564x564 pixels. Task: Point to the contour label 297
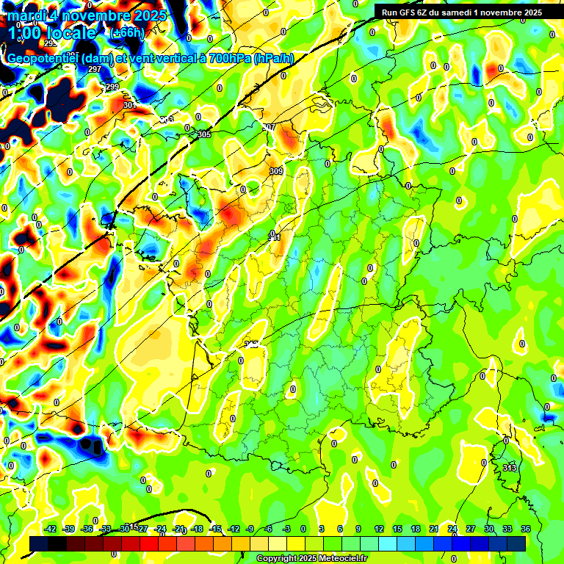pyautogui.click(x=94, y=69)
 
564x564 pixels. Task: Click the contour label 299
pyautogui.click(x=112, y=87)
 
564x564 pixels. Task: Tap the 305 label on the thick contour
pyautogui.click(x=204, y=134)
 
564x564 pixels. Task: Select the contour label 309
pyautogui.click(x=275, y=171)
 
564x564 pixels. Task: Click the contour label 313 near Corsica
pyautogui.click(x=509, y=468)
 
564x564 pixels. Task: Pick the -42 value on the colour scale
pyautogui.click(x=51, y=529)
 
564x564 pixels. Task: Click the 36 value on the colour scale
pyautogui.click(x=526, y=529)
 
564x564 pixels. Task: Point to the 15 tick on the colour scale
pyautogui.click(x=397, y=529)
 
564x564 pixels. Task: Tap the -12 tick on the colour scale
pyautogui.click(x=234, y=529)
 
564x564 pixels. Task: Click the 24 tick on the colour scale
pyautogui.click(x=452, y=529)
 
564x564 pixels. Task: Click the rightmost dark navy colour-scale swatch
pyautogui.click(x=516, y=543)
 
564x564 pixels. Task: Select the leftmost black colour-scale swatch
pyautogui.click(x=39, y=543)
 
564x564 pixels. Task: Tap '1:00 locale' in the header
pyautogui.click(x=51, y=33)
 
